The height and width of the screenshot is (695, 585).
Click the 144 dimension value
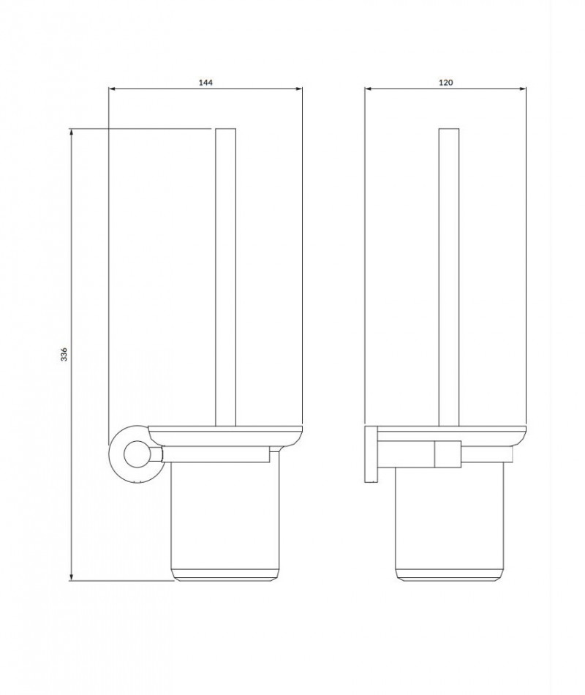coord(205,83)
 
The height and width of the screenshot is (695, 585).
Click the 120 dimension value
coord(446,83)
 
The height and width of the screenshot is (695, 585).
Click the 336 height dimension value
coord(64,355)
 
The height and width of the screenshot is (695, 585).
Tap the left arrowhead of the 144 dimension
coord(111,89)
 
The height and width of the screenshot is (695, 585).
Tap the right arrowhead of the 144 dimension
coord(299,89)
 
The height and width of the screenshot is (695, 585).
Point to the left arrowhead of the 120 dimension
coord(368,89)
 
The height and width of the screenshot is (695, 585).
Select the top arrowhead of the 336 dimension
coord(71,132)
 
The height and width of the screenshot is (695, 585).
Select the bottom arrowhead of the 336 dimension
coord(71,578)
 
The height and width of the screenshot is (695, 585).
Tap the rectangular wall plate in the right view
coord(370,454)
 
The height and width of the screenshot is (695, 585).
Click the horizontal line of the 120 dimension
coord(409,89)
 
